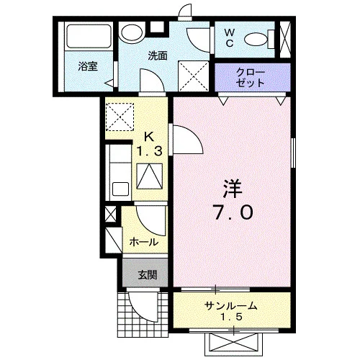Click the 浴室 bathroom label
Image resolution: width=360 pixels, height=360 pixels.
pos(88,66)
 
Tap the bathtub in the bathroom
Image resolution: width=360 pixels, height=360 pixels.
pos(89,36)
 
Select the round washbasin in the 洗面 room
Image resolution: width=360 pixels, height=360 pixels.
pos(132,33)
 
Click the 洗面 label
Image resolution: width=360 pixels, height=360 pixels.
pos(158,55)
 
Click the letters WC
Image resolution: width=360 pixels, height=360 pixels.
pos(230,38)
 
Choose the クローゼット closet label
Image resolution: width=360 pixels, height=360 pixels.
pos(250,77)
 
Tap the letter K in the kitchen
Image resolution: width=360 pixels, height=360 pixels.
pos(149,138)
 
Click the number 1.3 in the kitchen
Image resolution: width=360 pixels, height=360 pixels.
pos(149,151)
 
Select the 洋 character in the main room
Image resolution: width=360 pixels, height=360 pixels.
pos(233,189)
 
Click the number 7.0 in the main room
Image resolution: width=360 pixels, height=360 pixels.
pos(233,213)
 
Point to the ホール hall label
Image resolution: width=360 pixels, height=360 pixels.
pos(144,242)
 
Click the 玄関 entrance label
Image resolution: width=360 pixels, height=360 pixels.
pos(148,275)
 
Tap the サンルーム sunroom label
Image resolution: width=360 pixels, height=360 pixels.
pos(230,306)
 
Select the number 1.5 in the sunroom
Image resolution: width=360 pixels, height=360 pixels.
pos(231,317)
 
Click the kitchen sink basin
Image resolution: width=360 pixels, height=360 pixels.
pos(120,189)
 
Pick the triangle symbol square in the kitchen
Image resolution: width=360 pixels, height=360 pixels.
pos(150,176)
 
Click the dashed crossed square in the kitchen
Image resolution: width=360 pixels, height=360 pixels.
pos(120,117)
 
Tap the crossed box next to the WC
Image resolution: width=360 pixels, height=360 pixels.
pos(285,40)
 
